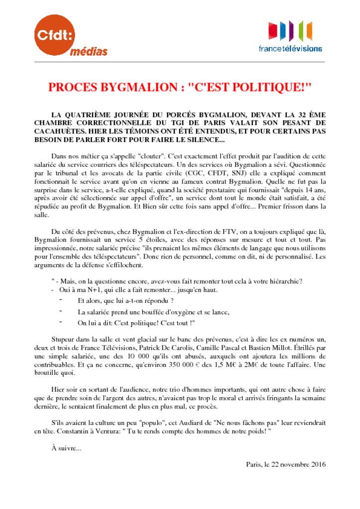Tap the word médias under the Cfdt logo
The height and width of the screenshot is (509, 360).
point(88,51)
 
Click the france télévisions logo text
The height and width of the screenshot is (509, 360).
point(290,49)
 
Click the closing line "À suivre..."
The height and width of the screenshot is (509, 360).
point(66,448)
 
